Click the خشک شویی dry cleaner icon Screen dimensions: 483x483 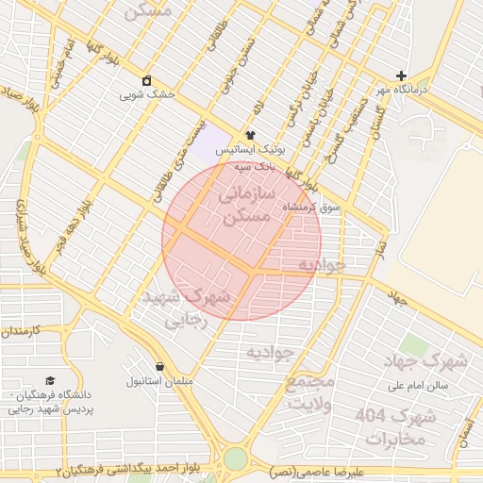coord(146,80)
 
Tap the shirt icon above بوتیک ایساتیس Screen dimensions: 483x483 coord(250,135)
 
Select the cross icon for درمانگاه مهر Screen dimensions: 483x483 coord(402,75)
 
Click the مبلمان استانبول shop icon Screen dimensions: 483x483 coord(158,366)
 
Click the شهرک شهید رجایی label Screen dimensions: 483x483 coord(186,308)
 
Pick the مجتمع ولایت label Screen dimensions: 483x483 coord(310,392)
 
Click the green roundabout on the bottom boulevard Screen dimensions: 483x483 coord(235,459)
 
